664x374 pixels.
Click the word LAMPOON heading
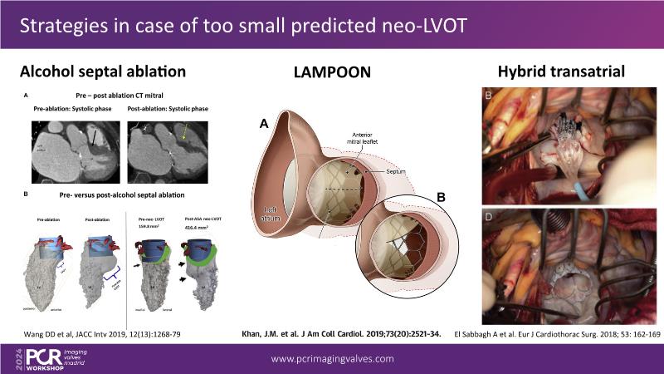(331, 72)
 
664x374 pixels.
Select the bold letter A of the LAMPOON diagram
(263, 124)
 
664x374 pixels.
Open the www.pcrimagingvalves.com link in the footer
(332, 358)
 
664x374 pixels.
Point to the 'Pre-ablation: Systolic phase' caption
(66, 109)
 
